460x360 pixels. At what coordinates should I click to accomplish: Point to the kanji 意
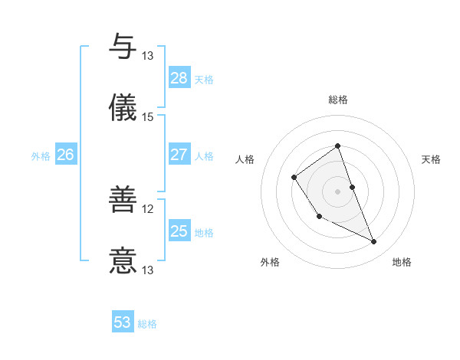[x=123, y=260]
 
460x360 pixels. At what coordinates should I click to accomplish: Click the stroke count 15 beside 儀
[x=148, y=116]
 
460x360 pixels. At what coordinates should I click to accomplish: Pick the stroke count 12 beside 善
[x=148, y=209]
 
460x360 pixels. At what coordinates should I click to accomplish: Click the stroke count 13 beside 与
[x=148, y=56]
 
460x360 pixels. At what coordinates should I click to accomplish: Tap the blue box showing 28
[x=179, y=78]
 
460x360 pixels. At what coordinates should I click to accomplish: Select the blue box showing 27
[x=179, y=155]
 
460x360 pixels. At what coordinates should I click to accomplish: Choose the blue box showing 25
[x=179, y=231]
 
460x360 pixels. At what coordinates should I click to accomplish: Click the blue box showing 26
[x=65, y=155]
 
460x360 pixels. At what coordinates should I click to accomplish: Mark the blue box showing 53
[x=123, y=322]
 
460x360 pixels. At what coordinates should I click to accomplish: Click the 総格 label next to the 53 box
[x=148, y=324]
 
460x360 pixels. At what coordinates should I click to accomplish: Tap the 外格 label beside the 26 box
[x=41, y=156]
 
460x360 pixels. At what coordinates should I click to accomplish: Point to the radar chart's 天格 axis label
[x=431, y=159]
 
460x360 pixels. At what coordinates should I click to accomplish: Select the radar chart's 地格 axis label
[x=402, y=262]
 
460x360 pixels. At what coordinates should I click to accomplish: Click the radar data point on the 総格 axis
[x=337, y=146]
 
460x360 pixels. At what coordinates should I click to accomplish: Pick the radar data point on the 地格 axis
[x=374, y=242]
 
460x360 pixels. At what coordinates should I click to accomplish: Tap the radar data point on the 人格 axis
[x=294, y=178]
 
